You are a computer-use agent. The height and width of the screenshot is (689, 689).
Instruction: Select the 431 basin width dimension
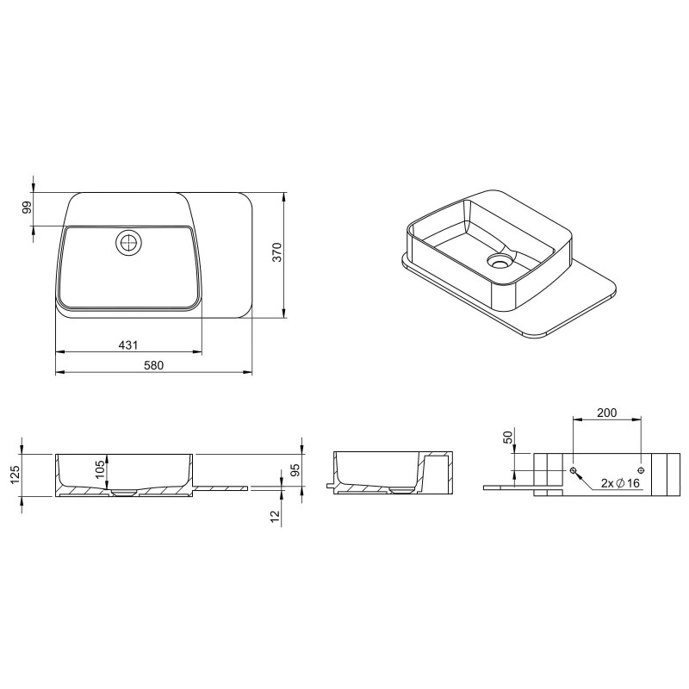pos(127,344)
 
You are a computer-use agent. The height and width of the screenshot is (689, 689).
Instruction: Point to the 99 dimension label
pos(27,208)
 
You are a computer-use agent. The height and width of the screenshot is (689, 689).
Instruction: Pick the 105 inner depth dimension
pos(100,471)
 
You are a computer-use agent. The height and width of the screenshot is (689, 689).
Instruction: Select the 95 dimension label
pos(295,470)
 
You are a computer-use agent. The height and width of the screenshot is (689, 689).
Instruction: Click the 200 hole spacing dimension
pos(606,413)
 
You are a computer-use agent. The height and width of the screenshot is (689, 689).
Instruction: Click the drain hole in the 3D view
pos(499,258)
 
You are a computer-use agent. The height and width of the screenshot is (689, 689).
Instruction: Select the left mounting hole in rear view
pos(573,469)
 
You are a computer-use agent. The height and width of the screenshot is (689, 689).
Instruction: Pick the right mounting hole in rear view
pos(642,469)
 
